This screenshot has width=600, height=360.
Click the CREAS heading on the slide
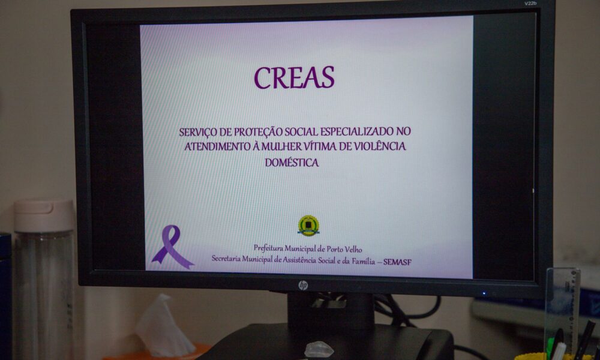tap(294, 77)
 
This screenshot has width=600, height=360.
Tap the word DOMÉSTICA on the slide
tap(292, 163)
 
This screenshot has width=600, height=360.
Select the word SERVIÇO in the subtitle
tap(193, 133)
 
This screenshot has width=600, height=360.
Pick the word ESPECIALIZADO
tap(357, 131)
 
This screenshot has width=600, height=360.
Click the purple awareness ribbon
tap(172, 247)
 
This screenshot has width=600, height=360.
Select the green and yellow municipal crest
tap(308, 226)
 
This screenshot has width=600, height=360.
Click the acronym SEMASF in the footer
tap(397, 262)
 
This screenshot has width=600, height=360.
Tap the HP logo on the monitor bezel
tap(302, 286)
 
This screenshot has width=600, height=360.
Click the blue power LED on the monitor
tap(484, 293)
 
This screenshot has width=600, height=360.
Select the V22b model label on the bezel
tap(530, 4)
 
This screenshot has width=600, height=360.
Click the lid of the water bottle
tap(44, 215)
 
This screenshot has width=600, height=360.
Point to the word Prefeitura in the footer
tap(268, 248)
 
